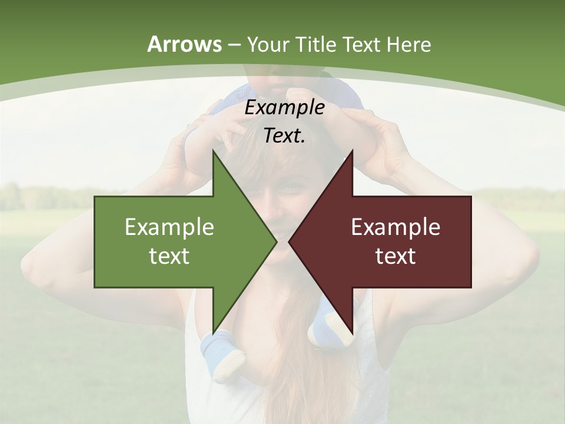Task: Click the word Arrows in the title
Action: click(184, 44)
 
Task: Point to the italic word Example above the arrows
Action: click(284, 108)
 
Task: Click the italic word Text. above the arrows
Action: click(284, 136)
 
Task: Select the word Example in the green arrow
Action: click(169, 227)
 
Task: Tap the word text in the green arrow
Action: click(169, 256)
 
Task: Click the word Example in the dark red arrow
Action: click(395, 227)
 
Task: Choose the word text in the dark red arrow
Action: click(395, 256)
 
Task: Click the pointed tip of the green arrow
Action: click(277, 241)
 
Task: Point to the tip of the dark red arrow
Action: click(289, 241)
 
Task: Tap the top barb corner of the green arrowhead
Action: click(213, 151)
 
